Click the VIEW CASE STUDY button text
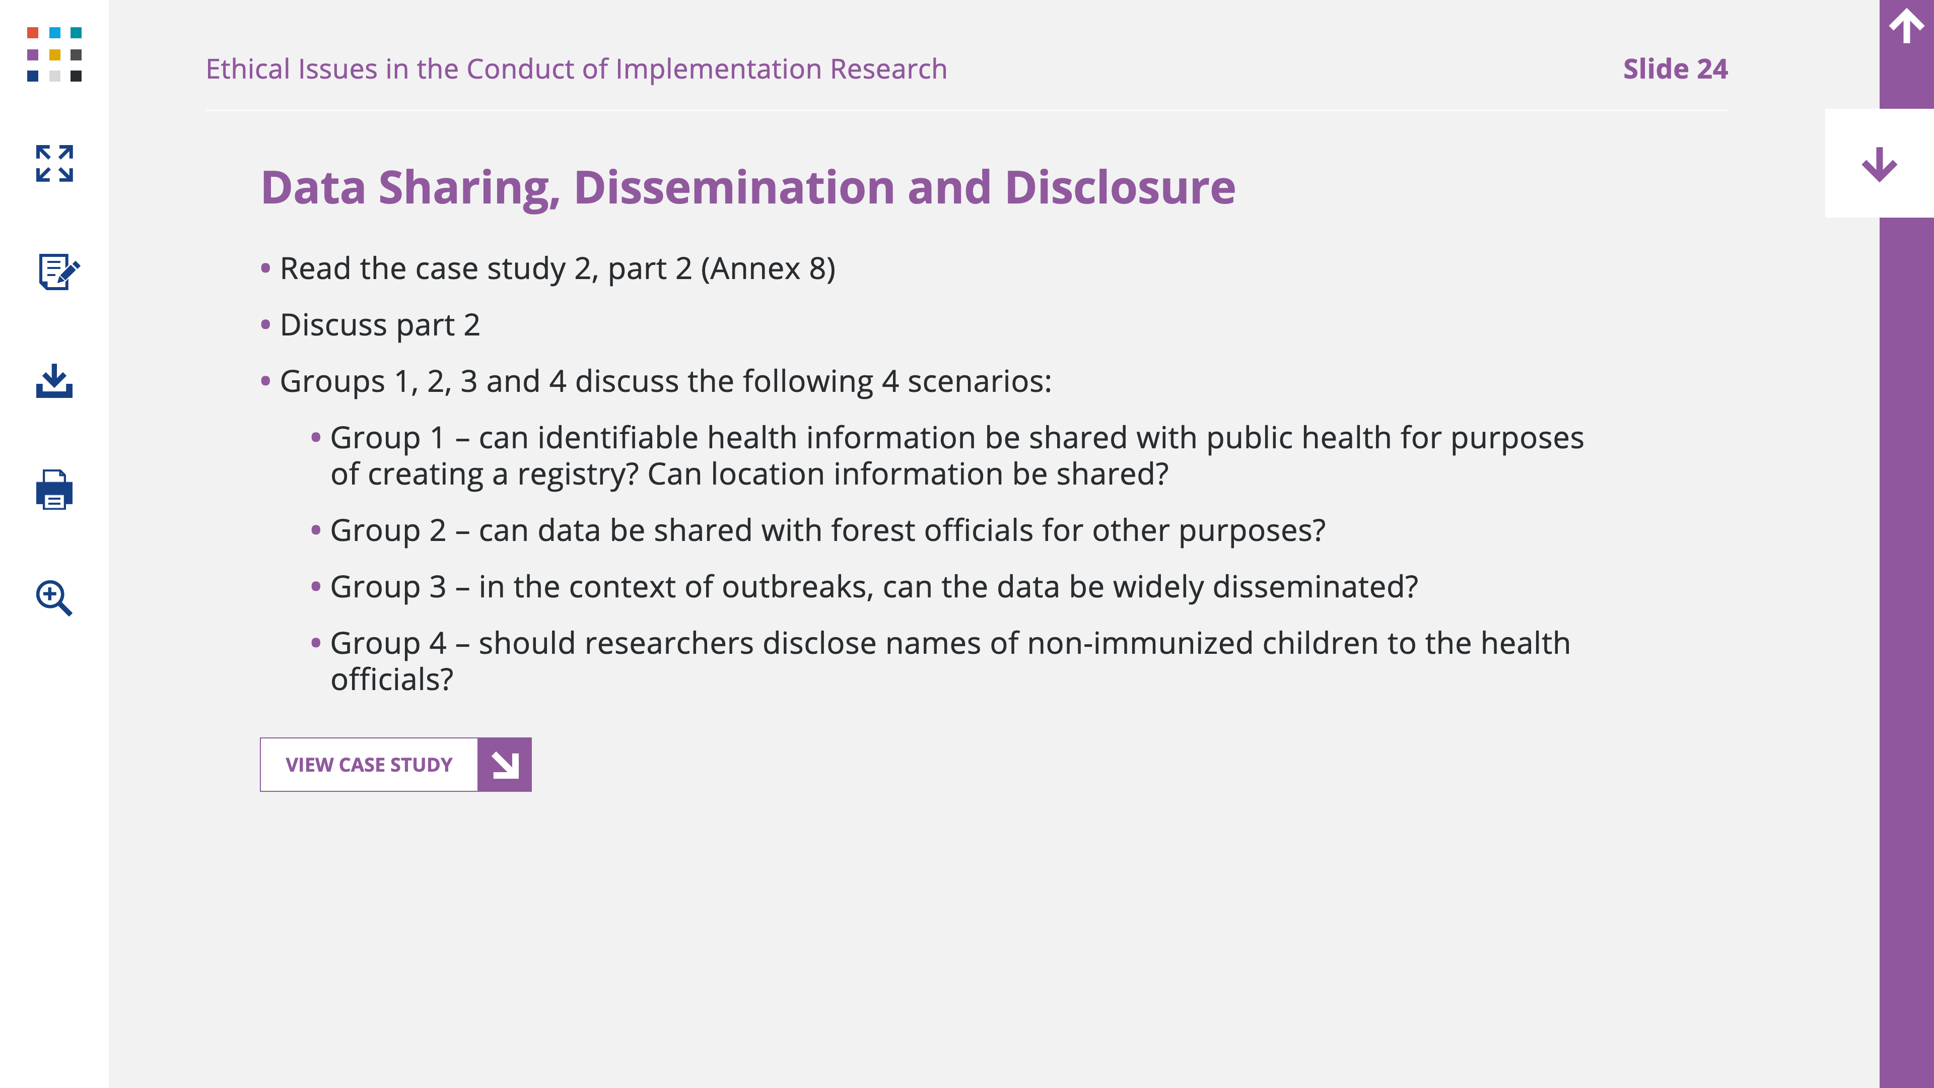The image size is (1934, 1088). [369, 765]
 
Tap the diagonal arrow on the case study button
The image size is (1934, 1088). [505, 765]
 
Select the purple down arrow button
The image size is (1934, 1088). [1879, 164]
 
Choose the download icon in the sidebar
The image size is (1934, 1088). [54, 381]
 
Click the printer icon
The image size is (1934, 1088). [54, 490]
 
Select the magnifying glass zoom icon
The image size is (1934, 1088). [54, 598]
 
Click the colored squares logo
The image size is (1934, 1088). [54, 54]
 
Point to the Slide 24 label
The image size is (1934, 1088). [1675, 69]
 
